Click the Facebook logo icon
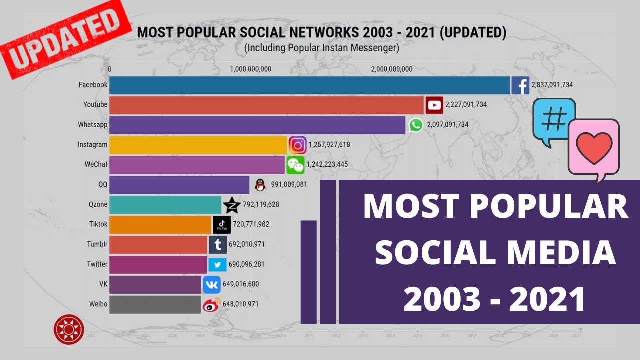coord(520,85)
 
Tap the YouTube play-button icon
coord(434,105)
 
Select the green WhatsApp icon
coord(416,125)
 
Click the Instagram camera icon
coord(298,145)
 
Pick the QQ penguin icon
coord(259,185)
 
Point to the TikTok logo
coord(222,224)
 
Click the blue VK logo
coord(212,284)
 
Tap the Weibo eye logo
coord(211,304)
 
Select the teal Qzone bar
coord(165,205)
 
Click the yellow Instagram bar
coord(198,145)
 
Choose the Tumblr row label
coord(97,244)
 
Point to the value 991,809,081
coord(289,184)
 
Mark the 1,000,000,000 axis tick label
coord(251,69)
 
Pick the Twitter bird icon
coord(217,264)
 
